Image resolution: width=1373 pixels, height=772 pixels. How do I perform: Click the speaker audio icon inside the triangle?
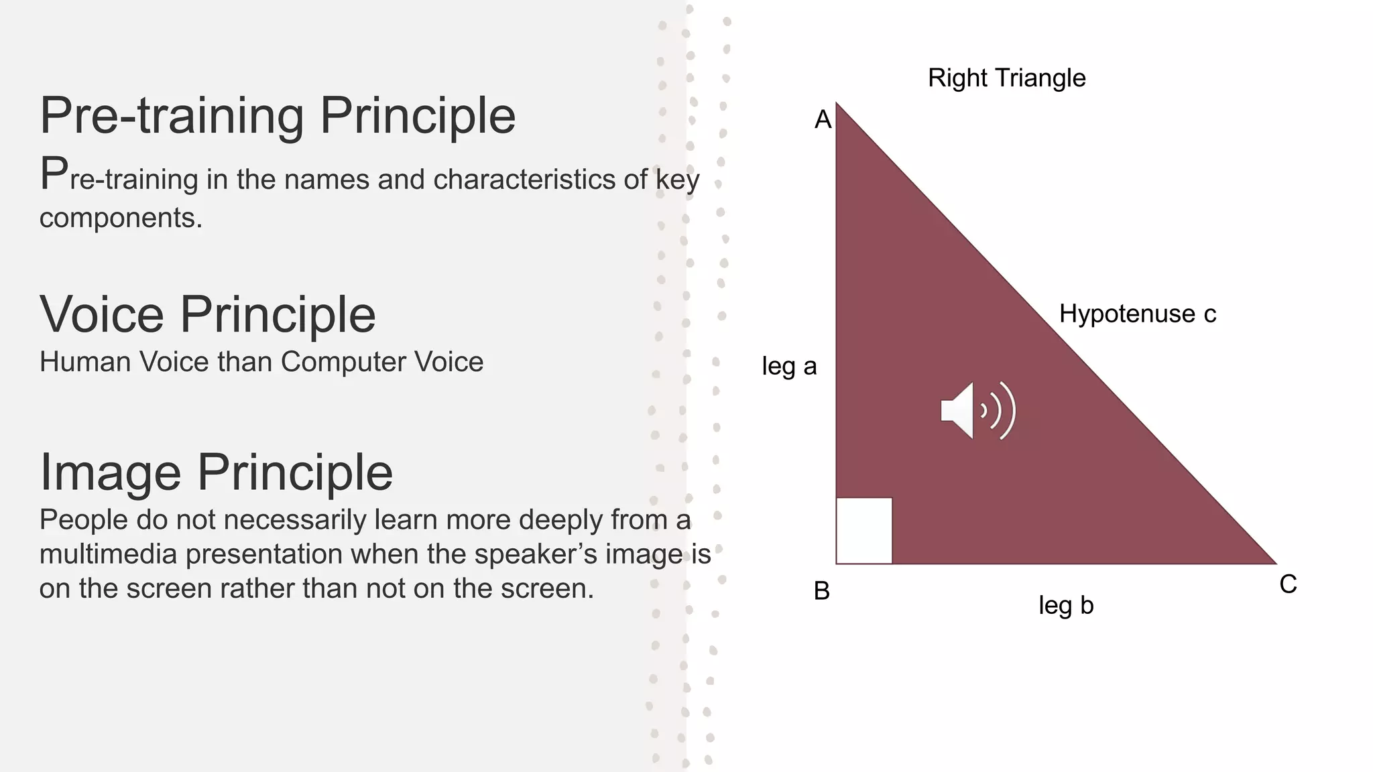(x=977, y=411)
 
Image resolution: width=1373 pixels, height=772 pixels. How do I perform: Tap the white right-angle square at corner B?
(x=864, y=530)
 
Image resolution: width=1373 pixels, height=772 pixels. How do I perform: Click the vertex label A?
(x=823, y=120)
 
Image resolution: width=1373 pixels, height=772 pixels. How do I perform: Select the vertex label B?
(x=821, y=591)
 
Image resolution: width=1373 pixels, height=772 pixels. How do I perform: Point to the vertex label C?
(x=1288, y=584)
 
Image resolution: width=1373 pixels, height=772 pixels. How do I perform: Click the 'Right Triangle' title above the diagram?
(x=1006, y=78)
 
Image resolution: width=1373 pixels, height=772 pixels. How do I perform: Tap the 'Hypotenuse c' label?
(x=1137, y=314)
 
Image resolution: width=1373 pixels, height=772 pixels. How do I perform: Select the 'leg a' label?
(x=789, y=367)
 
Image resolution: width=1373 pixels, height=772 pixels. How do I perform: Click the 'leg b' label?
(x=1065, y=606)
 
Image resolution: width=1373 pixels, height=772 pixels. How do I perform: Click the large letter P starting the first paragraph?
(x=54, y=174)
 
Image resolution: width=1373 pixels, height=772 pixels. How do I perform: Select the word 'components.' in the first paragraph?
(x=121, y=218)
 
